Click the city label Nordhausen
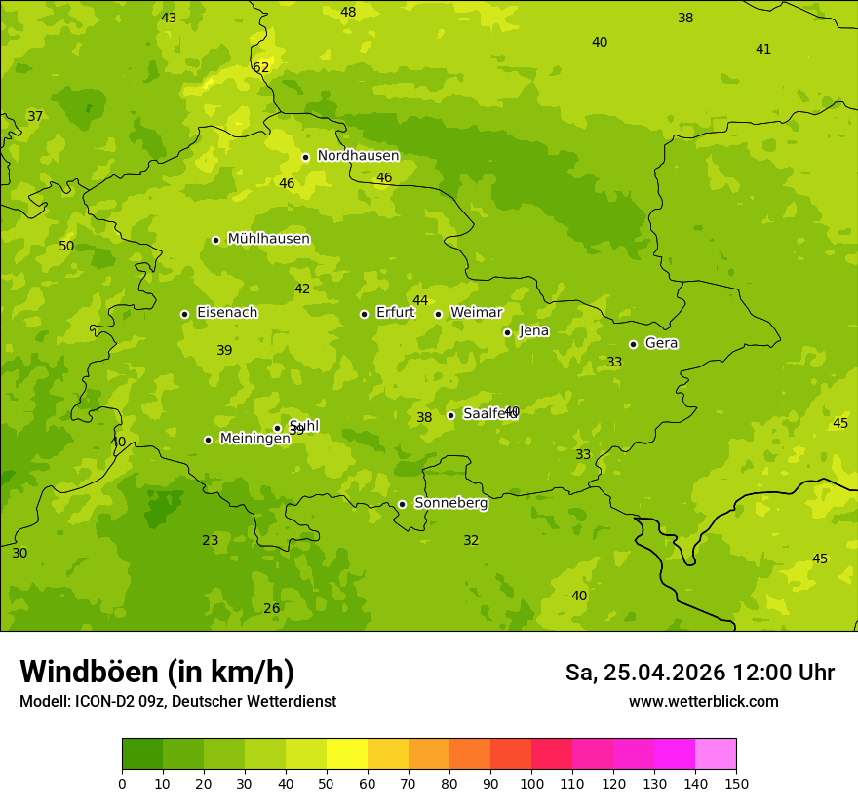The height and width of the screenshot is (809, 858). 358,156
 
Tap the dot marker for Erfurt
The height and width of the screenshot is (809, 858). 364,314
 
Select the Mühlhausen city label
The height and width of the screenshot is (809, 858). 268,239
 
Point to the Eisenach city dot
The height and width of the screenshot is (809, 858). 184,314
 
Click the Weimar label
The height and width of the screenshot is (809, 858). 476,313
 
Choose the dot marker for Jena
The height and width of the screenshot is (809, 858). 507,332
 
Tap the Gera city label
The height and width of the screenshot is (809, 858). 661,343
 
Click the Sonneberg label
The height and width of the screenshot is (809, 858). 450,503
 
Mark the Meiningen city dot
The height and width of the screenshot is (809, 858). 208,440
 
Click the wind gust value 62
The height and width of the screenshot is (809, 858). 260,68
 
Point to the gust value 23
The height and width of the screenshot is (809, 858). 211,541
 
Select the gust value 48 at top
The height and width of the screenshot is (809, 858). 348,13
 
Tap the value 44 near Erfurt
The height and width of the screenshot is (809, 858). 420,301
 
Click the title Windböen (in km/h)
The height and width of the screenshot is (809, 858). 157,672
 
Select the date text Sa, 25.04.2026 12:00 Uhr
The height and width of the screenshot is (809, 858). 699,673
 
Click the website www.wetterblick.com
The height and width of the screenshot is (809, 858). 703,702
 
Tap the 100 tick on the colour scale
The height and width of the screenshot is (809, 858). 531,784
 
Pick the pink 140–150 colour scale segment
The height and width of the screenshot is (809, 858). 716,754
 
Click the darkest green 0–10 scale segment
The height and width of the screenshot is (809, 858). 142,754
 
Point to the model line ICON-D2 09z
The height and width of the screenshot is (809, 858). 177,702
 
